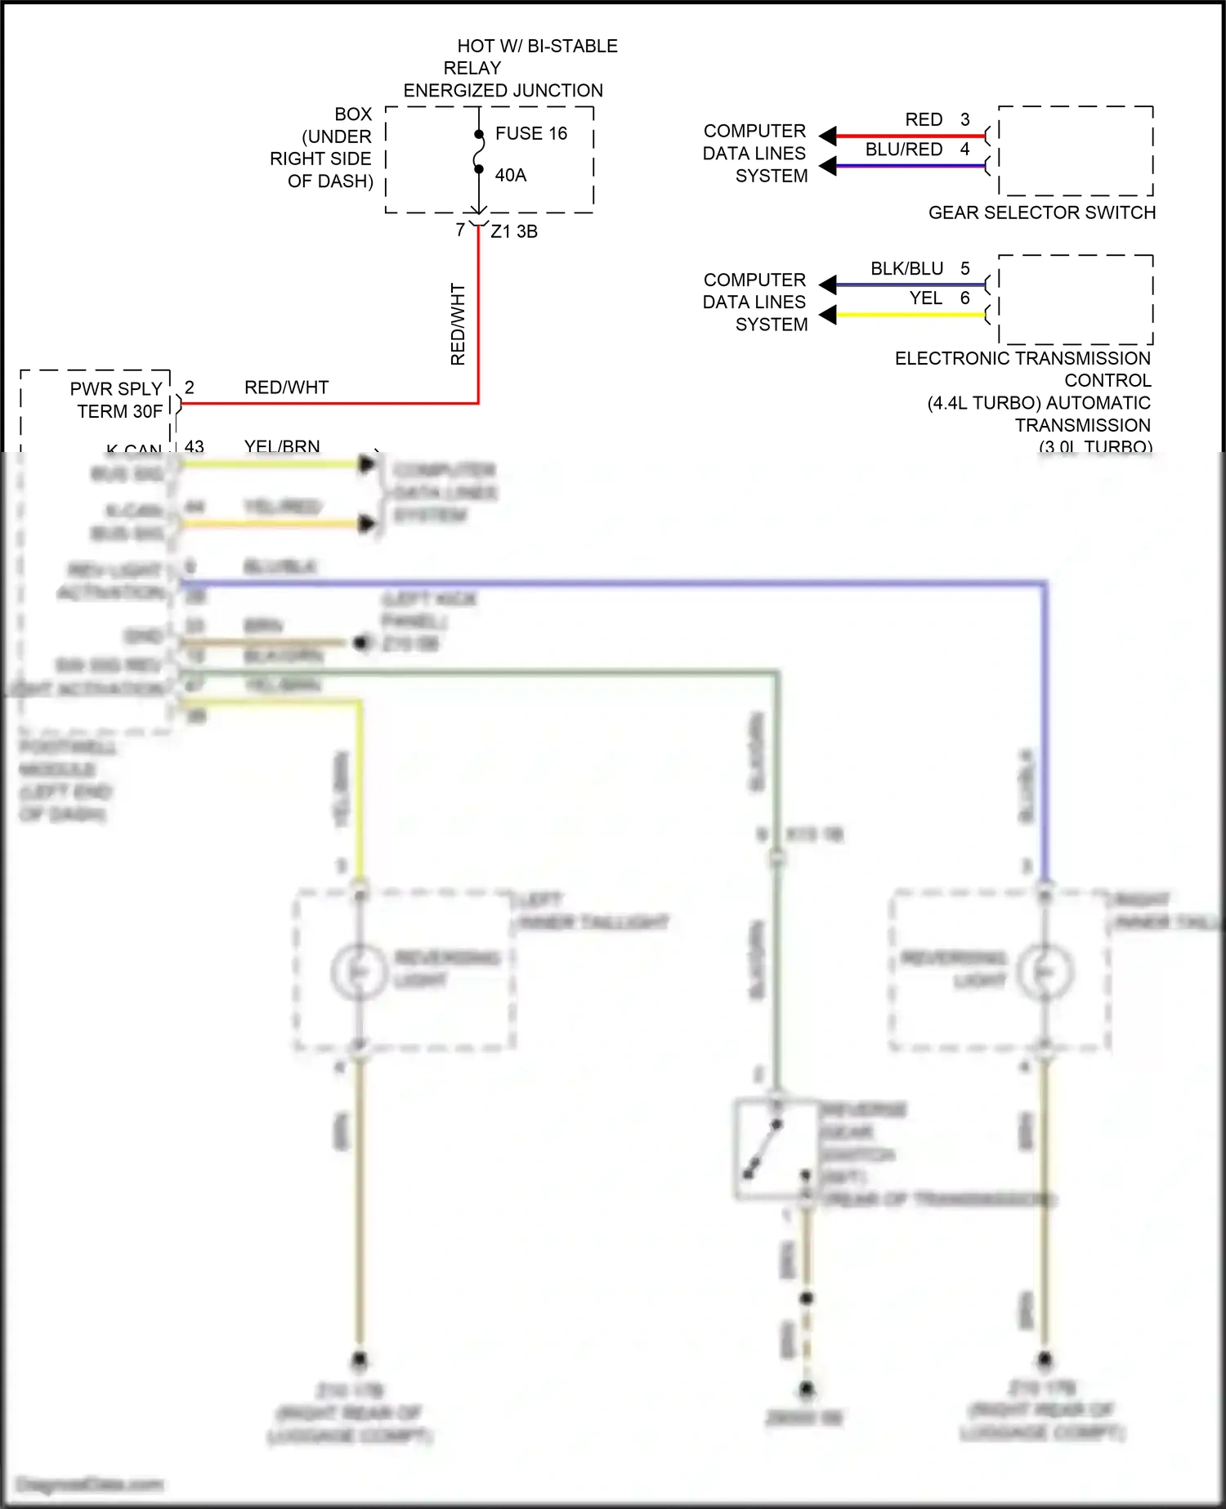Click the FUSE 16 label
[x=530, y=133]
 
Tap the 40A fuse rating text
[x=510, y=175]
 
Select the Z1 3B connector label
[x=514, y=231]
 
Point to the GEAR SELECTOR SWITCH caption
[x=1041, y=213]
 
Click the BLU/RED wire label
[x=904, y=150]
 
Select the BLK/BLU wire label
[x=906, y=269]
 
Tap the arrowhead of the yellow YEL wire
[x=828, y=314]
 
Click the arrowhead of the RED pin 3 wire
[x=828, y=136]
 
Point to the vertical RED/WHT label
[x=458, y=324]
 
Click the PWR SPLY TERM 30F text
[x=117, y=400]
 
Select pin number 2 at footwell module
[x=190, y=387]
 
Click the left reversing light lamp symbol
[x=358, y=970]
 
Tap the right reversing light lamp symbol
[x=1045, y=970]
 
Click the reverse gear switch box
[x=775, y=1149]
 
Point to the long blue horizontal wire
[x=613, y=583]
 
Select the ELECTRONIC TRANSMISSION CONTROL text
[x=1022, y=369]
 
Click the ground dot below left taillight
[x=359, y=1359]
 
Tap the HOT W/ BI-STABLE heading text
[x=536, y=46]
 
